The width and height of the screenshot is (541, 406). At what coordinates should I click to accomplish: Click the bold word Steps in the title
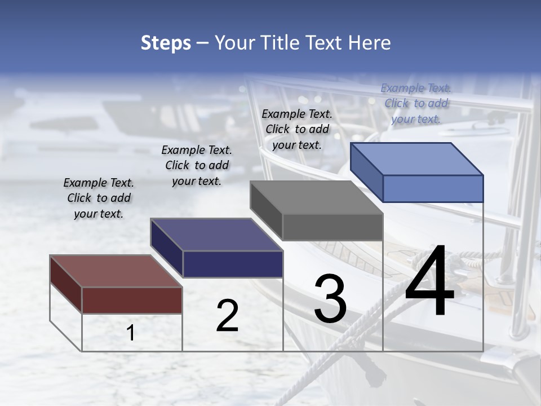tap(166, 43)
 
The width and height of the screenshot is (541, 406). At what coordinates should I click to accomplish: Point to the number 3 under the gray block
tap(330, 299)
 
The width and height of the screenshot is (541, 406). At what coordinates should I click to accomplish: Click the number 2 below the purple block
tap(227, 316)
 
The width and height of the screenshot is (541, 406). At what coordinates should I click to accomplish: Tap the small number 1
tap(130, 333)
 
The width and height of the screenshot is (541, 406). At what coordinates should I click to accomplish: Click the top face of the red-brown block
tap(116, 271)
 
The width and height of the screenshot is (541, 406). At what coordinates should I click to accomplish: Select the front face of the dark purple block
tap(233, 264)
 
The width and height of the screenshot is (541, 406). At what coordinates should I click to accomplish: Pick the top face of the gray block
tap(316, 198)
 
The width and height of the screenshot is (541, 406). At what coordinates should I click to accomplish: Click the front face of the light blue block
tap(433, 188)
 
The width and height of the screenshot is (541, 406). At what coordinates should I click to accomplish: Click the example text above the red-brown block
tap(99, 198)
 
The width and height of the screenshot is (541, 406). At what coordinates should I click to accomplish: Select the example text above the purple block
tap(197, 165)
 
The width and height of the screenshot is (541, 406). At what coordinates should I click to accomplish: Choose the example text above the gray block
tap(297, 129)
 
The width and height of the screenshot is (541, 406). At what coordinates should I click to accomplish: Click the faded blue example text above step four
tap(416, 103)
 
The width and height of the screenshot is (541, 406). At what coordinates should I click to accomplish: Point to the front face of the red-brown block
tap(132, 300)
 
